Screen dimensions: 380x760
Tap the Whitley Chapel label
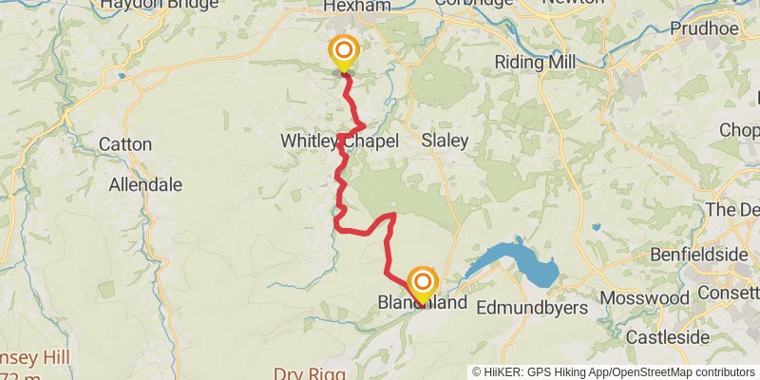(339, 141)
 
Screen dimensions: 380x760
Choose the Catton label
(124, 144)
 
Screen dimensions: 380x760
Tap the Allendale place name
(145, 185)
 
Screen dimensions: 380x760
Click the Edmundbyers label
(531, 308)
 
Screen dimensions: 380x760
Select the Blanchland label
(423, 305)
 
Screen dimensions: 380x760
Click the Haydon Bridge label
(146, 5)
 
